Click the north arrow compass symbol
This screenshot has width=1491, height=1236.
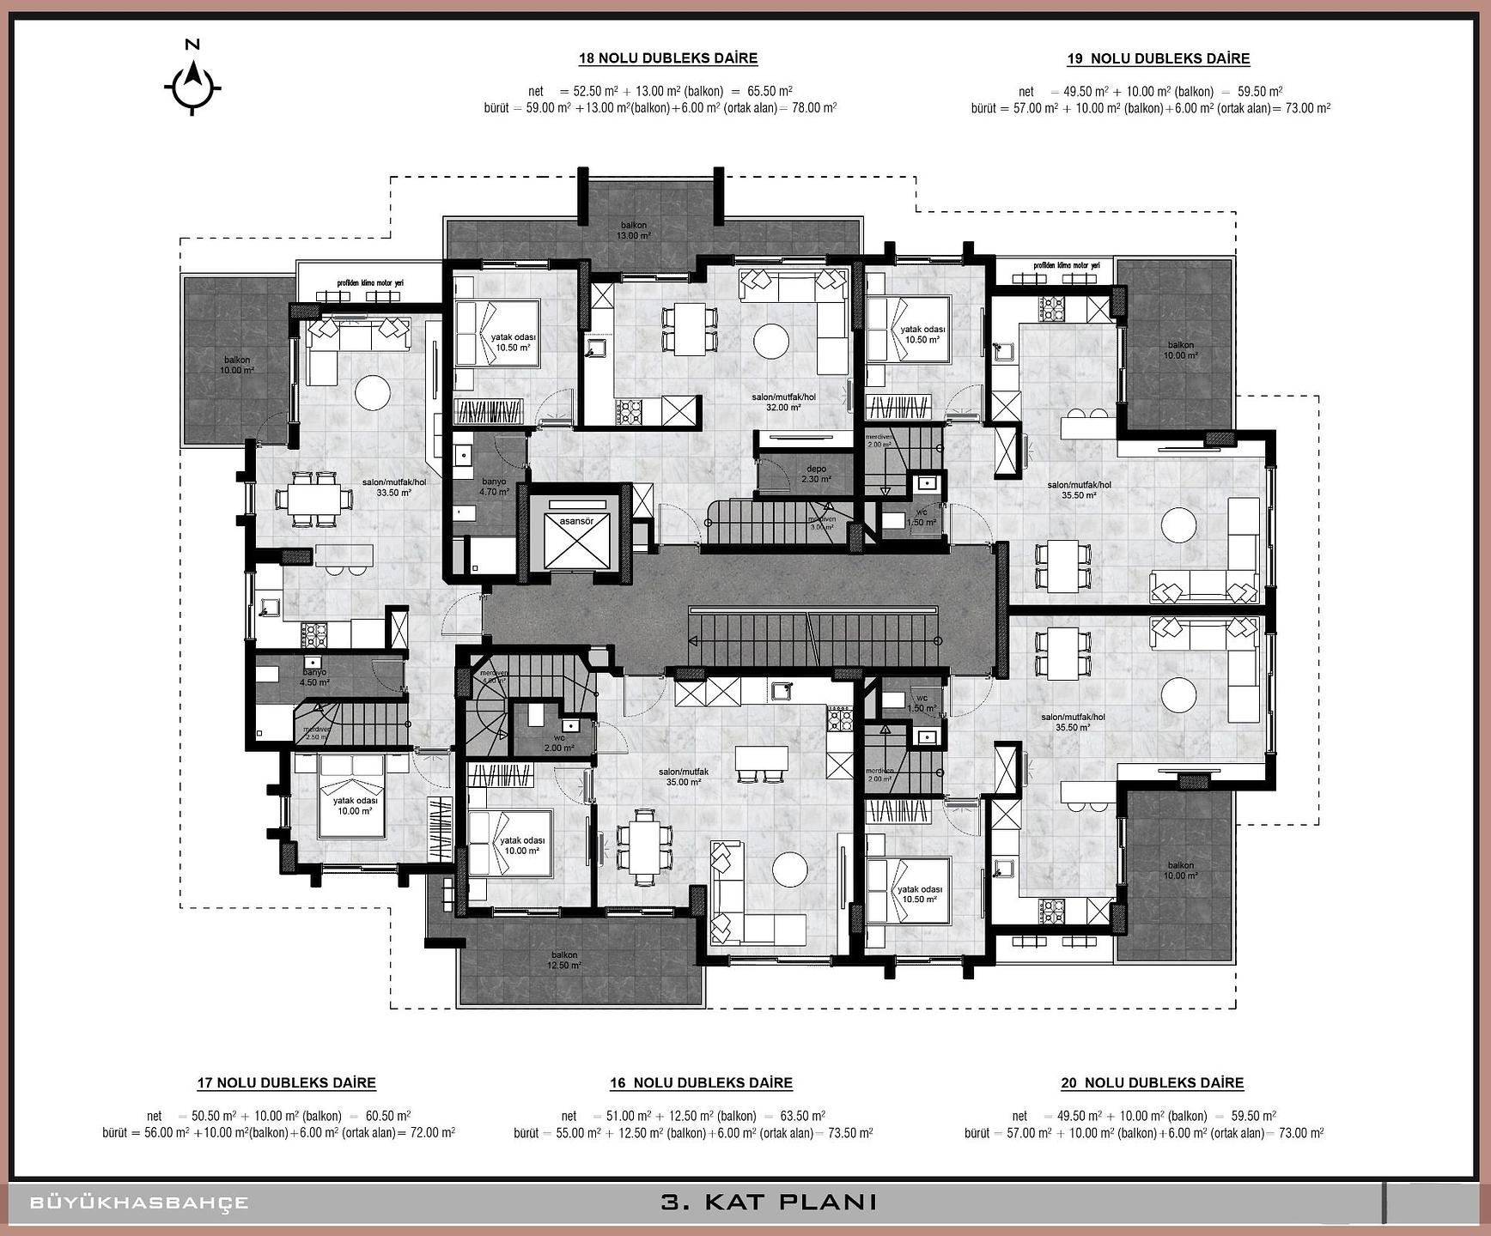193,85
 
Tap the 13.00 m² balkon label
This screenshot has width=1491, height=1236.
635,230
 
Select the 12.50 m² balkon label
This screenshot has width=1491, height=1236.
564,960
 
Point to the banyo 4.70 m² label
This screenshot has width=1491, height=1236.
494,487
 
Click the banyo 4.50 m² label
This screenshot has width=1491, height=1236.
314,677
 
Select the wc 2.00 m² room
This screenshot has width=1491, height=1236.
559,742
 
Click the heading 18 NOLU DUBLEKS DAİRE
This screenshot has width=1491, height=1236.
667,58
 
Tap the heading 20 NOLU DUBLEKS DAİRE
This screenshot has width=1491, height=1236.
1152,1083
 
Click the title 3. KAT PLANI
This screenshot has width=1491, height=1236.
768,1202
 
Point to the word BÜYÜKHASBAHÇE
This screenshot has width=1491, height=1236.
139,1203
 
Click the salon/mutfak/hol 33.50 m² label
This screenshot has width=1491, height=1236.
401,488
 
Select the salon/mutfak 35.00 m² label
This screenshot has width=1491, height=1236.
684,777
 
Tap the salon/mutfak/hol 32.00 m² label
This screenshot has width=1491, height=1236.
783,403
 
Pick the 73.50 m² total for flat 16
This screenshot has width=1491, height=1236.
849,1133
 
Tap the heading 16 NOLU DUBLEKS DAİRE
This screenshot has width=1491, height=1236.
701,1083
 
